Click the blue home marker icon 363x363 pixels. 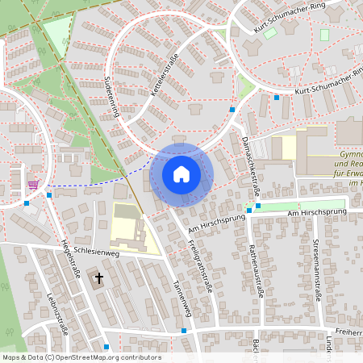(181, 174)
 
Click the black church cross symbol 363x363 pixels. (100, 279)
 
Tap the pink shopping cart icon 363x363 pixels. (33, 184)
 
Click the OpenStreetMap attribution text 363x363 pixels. (81, 357)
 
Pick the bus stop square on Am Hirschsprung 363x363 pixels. (257, 205)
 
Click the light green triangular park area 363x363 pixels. (56, 32)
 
